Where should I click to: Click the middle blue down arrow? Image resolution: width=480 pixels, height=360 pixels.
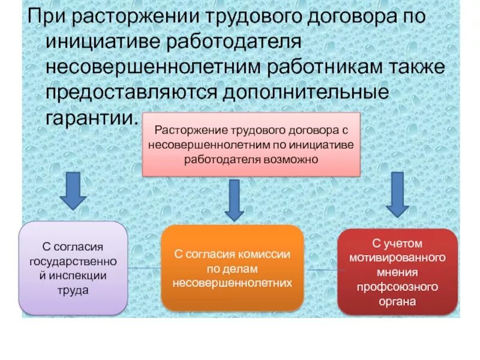click(233, 200)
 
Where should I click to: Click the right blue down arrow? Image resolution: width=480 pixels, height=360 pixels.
click(397, 194)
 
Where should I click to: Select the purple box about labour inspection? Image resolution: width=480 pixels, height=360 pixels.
click(74, 268)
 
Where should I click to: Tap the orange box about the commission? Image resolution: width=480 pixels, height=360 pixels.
click(232, 268)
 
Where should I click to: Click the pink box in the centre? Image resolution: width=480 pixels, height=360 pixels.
click(251, 145)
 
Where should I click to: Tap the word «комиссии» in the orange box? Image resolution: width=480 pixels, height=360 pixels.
click(265, 254)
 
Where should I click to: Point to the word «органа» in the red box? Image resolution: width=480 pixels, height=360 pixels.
click(397, 301)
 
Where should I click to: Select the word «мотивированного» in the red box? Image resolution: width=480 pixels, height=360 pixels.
click(397, 258)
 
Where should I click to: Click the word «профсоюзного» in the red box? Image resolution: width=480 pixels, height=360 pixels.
click(397, 287)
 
